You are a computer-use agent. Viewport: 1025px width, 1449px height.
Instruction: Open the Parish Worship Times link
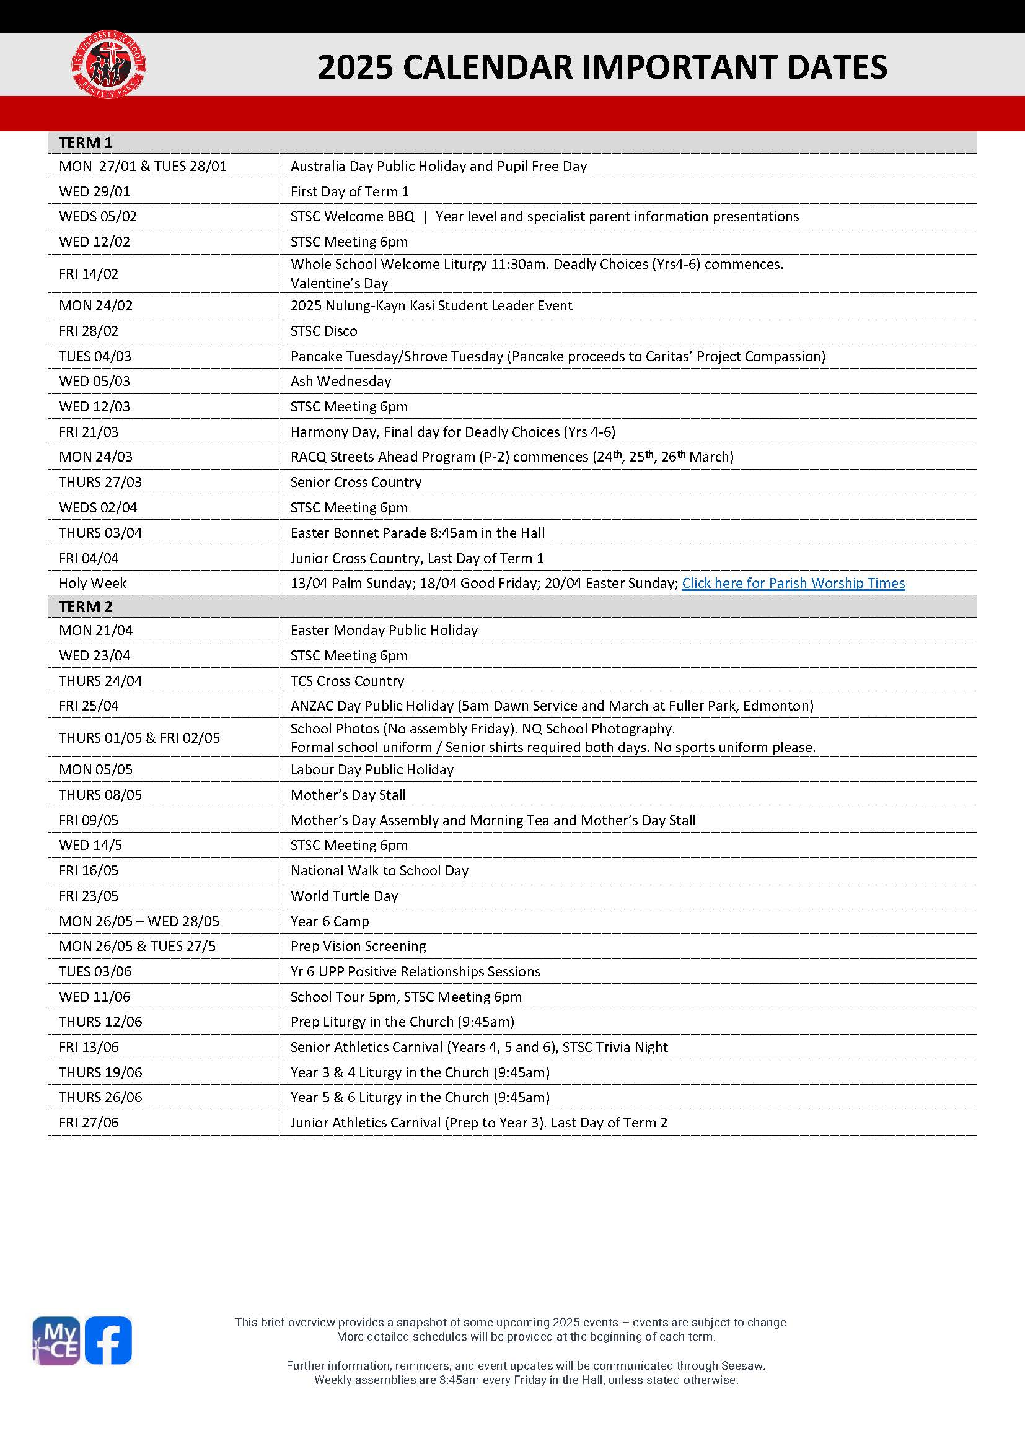coord(793,583)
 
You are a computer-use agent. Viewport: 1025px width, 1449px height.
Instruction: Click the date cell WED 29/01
coord(94,191)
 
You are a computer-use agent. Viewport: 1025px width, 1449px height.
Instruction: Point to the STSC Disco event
coord(323,331)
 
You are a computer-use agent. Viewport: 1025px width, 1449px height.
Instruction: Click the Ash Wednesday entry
coord(340,381)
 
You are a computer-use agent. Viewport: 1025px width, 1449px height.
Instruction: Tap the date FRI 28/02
coord(89,331)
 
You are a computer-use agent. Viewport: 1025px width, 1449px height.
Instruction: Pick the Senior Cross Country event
coord(355,482)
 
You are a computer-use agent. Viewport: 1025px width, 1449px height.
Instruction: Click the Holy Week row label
coord(92,583)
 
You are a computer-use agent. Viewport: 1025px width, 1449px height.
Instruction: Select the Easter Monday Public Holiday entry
coord(384,630)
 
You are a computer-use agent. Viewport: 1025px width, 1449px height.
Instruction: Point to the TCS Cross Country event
coord(346,681)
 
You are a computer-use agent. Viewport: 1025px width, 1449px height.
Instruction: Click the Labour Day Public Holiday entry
coord(372,769)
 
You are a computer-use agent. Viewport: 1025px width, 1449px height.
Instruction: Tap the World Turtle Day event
coord(344,896)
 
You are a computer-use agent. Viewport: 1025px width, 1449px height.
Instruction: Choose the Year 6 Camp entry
coord(330,921)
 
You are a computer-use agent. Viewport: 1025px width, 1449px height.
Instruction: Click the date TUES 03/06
coord(95,971)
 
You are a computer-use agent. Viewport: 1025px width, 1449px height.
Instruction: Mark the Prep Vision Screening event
coord(358,946)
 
